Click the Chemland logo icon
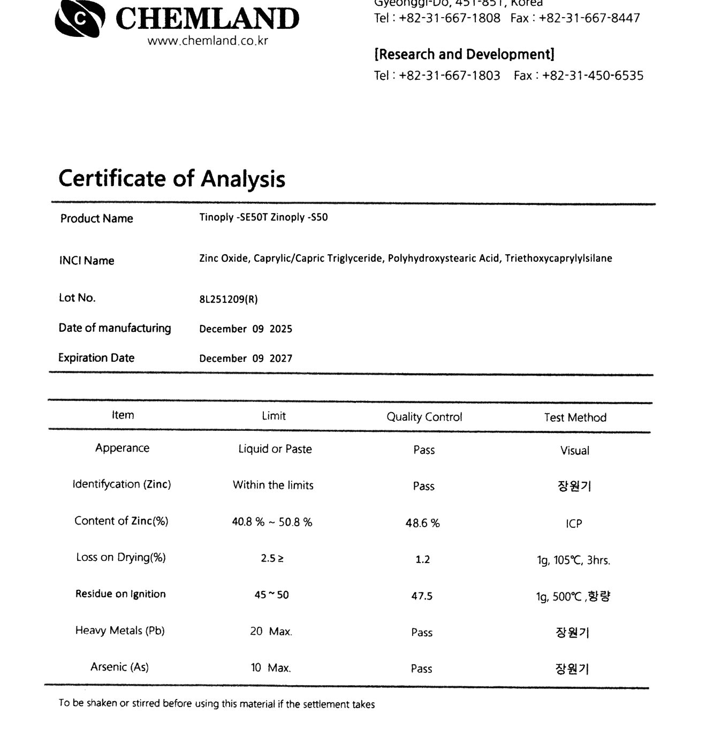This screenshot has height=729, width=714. point(79,19)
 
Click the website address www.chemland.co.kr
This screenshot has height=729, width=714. point(208,41)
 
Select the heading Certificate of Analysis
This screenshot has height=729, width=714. point(172,178)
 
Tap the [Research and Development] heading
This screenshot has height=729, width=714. point(464,54)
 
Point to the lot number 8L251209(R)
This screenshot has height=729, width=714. point(229,299)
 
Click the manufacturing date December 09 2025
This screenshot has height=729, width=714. point(246,329)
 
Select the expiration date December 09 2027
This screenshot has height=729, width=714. point(246,358)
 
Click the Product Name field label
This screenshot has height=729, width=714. point(96,218)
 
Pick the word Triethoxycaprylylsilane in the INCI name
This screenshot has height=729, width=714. point(558,259)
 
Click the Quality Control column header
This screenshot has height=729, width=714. point(424,417)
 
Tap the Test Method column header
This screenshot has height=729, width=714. point(575,417)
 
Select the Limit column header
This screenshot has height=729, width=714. point(274,416)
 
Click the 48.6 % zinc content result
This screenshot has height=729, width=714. point(422,523)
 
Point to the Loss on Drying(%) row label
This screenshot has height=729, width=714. point(121,557)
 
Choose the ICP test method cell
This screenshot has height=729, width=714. point(574,523)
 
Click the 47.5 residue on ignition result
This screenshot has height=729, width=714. point(422,596)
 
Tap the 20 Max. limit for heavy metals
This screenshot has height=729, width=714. point(271,632)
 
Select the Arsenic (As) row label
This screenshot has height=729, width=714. point(119,667)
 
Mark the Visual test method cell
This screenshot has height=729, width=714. point(575,451)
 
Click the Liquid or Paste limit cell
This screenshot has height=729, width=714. point(275,449)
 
